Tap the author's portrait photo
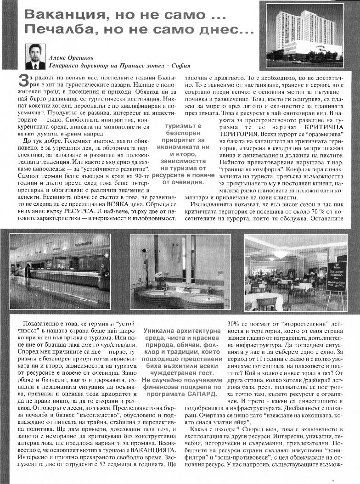tap(35, 56)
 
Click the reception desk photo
tap(60, 271)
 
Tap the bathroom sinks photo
tap(180, 271)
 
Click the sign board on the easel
tap(336, 277)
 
